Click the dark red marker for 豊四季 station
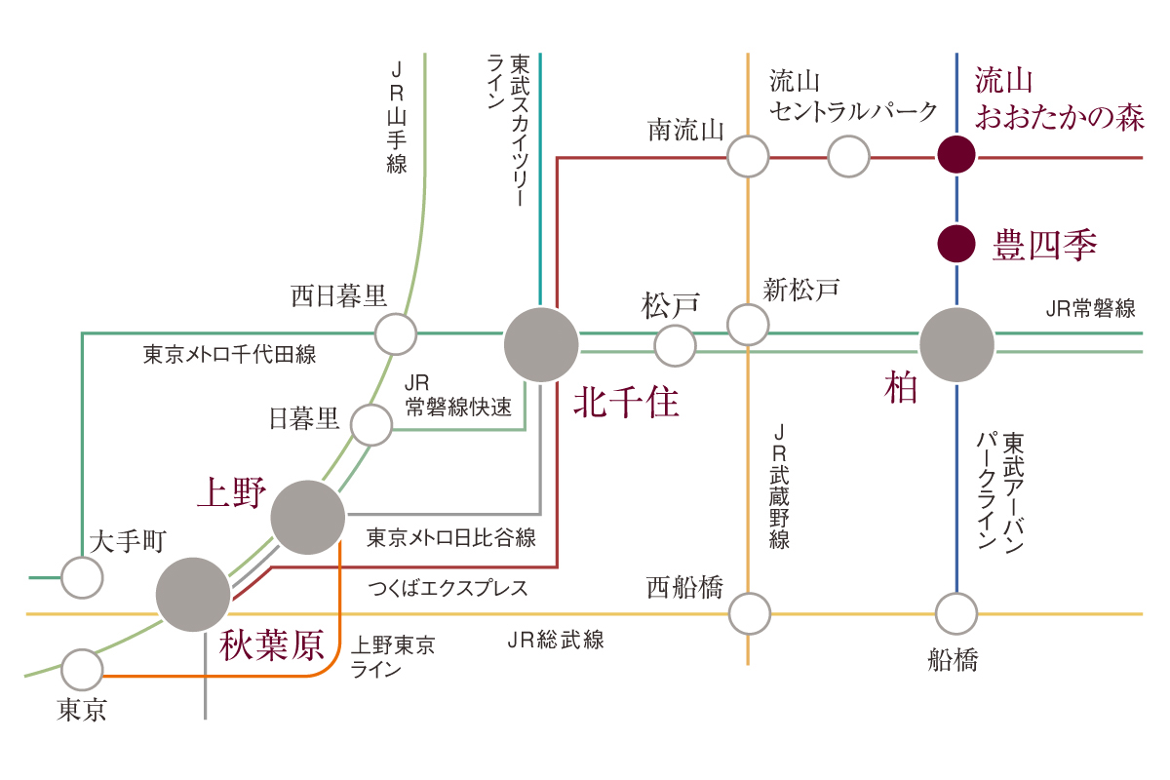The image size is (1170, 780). tap(956, 244)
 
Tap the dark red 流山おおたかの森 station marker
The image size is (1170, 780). tap(956, 155)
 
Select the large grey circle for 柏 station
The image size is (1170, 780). tap(956, 344)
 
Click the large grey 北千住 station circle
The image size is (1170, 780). tap(540, 344)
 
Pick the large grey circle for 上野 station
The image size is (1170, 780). tap(308, 518)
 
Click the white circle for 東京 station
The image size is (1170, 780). tap(82, 670)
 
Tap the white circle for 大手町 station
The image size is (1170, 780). tap(82, 578)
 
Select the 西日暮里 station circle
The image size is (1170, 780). tap(396, 334)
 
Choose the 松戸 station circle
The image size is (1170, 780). tap(675, 344)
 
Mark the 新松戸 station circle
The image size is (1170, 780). tap(748, 325)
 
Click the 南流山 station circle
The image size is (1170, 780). tap(748, 156)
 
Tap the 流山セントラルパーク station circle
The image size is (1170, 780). tap(848, 156)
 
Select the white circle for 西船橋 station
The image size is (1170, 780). tap(749, 613)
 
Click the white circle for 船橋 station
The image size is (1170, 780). tap(956, 613)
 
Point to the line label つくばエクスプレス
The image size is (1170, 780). tap(448, 588)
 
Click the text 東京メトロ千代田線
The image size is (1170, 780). tap(230, 354)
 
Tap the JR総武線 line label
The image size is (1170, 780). tap(556, 640)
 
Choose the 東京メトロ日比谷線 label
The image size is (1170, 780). tap(451, 537)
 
